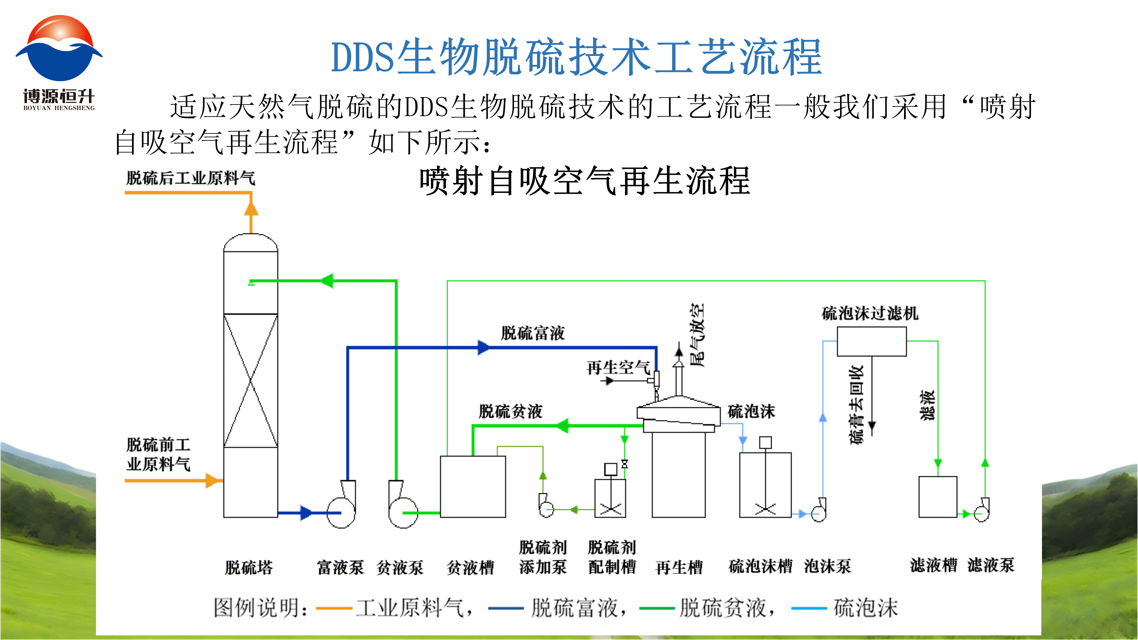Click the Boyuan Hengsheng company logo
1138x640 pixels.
(x=59, y=62)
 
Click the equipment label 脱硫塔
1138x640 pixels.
(x=249, y=568)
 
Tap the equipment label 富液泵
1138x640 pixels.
(x=340, y=568)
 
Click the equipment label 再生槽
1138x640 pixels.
(x=679, y=568)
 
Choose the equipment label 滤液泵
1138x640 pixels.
(x=991, y=565)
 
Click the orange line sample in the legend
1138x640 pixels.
(x=334, y=608)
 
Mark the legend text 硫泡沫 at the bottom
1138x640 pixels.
(x=865, y=608)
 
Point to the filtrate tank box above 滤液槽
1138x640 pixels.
(x=937, y=496)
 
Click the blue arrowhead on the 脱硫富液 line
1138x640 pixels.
(x=483, y=348)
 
